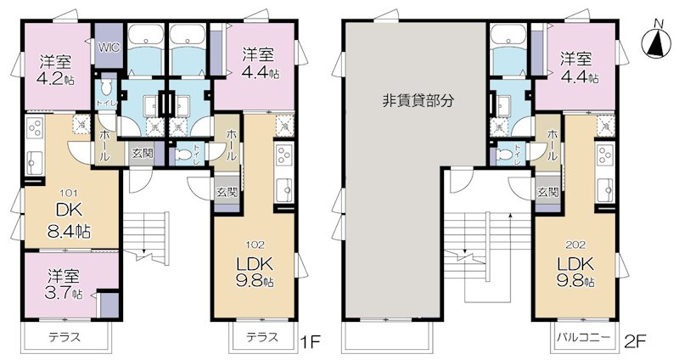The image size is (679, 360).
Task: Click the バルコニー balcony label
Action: pyautogui.click(x=580, y=337)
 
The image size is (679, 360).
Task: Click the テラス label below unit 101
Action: pyautogui.click(x=64, y=337)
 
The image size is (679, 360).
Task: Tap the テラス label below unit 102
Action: pyautogui.click(x=262, y=337)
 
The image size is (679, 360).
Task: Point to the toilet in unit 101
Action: pyautogui.click(x=106, y=88)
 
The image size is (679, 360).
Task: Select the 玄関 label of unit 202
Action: pyautogui.click(x=546, y=192)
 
